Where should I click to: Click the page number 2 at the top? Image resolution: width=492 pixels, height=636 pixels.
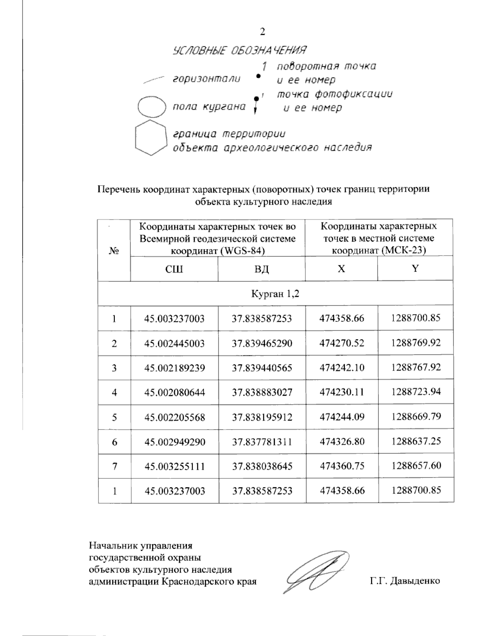pyautogui.click(x=263, y=32)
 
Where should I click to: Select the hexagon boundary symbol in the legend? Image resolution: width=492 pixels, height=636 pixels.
pyautogui.click(x=150, y=138)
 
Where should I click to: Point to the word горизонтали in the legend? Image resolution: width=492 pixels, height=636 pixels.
pyautogui.click(x=206, y=79)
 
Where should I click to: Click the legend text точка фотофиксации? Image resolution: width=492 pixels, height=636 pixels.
pyautogui.click(x=334, y=94)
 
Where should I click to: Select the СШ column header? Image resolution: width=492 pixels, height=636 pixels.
pyautogui.click(x=174, y=269)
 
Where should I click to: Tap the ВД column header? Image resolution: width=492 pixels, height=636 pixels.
pyautogui.click(x=261, y=269)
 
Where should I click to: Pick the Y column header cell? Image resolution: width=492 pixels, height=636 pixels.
pyautogui.click(x=415, y=269)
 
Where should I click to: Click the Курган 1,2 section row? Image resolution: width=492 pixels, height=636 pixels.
pyautogui.click(x=276, y=293)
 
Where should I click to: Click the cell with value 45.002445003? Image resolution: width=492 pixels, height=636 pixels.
pyautogui.click(x=174, y=343)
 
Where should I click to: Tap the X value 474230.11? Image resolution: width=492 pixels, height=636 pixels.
pyautogui.click(x=342, y=392)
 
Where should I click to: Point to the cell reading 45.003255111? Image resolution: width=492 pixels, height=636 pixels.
pyautogui.click(x=174, y=466)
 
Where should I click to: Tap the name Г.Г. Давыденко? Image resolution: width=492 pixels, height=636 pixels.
pyautogui.click(x=404, y=581)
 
